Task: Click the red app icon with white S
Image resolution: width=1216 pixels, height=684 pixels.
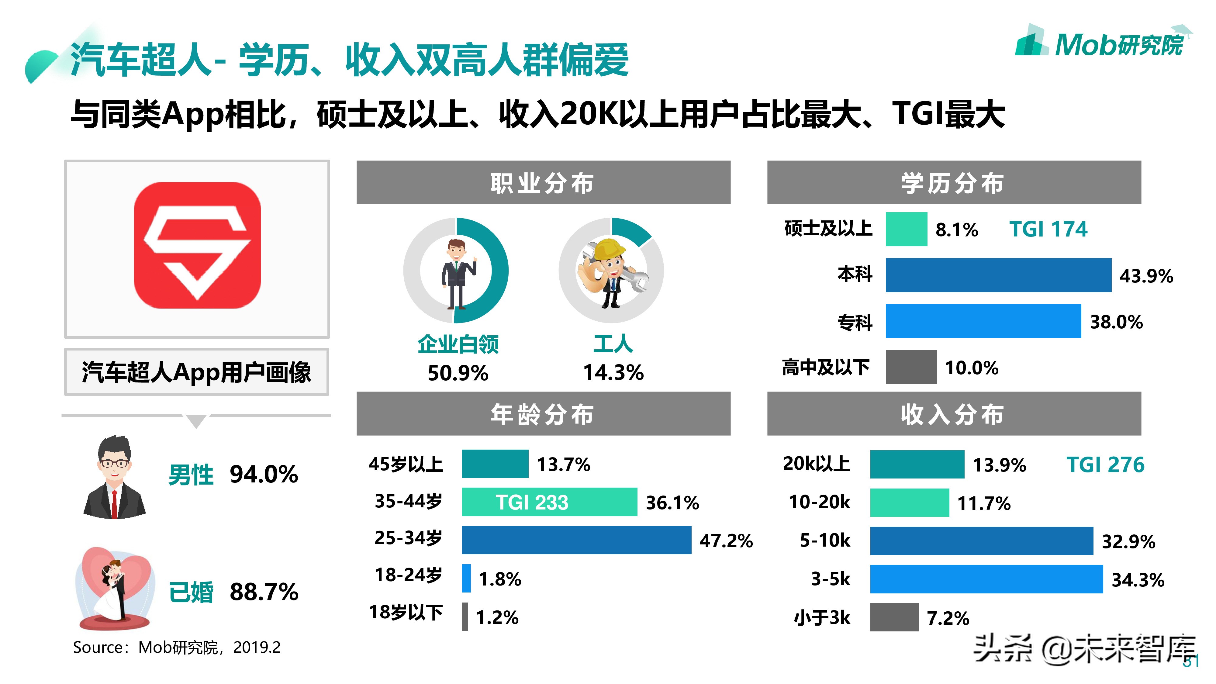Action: tap(197, 245)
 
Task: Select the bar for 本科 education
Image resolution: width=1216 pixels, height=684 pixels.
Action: tap(998, 275)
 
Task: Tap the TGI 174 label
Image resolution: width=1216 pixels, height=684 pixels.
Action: tap(1048, 230)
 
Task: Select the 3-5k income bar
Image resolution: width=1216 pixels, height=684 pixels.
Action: tap(986, 579)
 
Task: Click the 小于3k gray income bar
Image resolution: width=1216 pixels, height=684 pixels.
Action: tap(894, 617)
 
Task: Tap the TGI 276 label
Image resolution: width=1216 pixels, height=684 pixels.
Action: tap(1105, 465)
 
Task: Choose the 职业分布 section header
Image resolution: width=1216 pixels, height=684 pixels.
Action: tap(543, 183)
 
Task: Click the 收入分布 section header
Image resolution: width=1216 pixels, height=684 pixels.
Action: tap(954, 414)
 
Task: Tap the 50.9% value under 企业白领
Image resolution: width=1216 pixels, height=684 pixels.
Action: tap(458, 373)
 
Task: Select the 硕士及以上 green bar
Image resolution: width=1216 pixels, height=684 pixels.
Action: tap(906, 230)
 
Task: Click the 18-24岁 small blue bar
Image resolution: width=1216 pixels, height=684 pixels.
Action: tap(466, 578)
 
